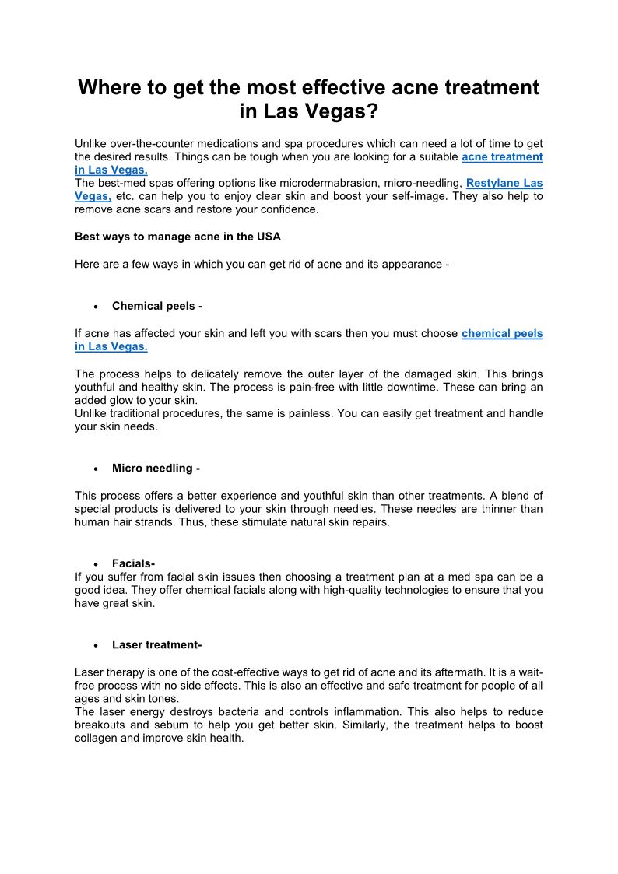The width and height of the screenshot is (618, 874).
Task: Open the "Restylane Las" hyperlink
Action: click(x=504, y=183)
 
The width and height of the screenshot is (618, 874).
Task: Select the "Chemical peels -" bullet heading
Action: click(x=157, y=306)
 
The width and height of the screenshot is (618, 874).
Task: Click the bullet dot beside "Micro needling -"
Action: click(x=95, y=469)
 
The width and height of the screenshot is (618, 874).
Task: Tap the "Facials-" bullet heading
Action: click(x=133, y=563)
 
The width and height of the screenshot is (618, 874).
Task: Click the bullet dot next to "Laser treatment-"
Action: click(x=95, y=645)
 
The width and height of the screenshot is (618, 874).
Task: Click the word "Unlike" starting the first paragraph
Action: click(x=90, y=143)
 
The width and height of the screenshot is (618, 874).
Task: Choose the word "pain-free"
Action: click(x=335, y=387)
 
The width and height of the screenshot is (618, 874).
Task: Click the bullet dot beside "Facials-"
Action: click(x=95, y=563)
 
